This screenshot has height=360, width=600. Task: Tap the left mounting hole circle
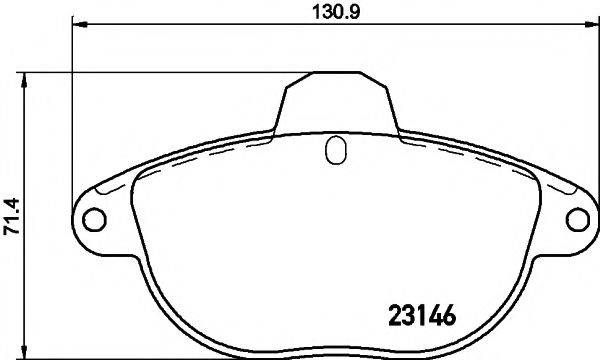(91, 218)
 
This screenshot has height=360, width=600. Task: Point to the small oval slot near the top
(336, 151)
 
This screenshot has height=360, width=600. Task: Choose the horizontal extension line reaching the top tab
(170, 71)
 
